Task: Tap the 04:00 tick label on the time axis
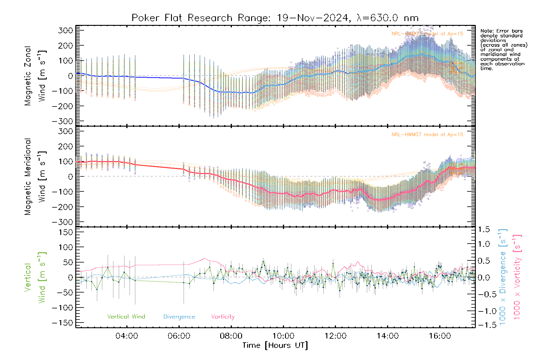point(127,336)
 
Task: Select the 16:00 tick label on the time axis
point(440,336)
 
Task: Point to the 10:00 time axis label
point(283,336)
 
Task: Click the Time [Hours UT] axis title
point(275,345)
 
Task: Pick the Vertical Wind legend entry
point(126,317)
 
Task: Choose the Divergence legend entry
point(179,317)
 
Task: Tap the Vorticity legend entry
point(223,317)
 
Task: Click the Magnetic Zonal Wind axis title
point(34,76)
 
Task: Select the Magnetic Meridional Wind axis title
point(34,177)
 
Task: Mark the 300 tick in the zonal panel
point(65,30)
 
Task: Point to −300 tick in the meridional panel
point(62,222)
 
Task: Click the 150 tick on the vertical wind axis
point(65,232)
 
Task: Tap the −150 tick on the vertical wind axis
point(62,323)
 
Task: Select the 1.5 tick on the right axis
point(484,229)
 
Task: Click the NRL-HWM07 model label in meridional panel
point(427,135)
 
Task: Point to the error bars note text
point(503,49)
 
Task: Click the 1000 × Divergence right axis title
point(503,277)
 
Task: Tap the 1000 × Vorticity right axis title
point(517,277)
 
